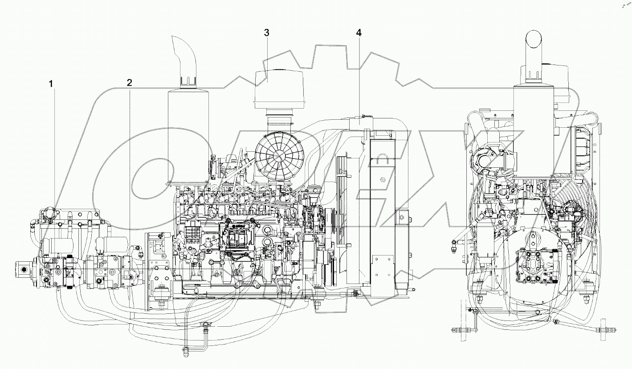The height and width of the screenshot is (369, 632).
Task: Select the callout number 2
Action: (x=129, y=82)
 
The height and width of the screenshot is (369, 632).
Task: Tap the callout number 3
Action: (x=266, y=32)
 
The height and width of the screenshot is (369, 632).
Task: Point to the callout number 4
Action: (x=359, y=32)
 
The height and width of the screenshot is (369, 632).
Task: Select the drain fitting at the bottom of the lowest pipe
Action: (x=183, y=351)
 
